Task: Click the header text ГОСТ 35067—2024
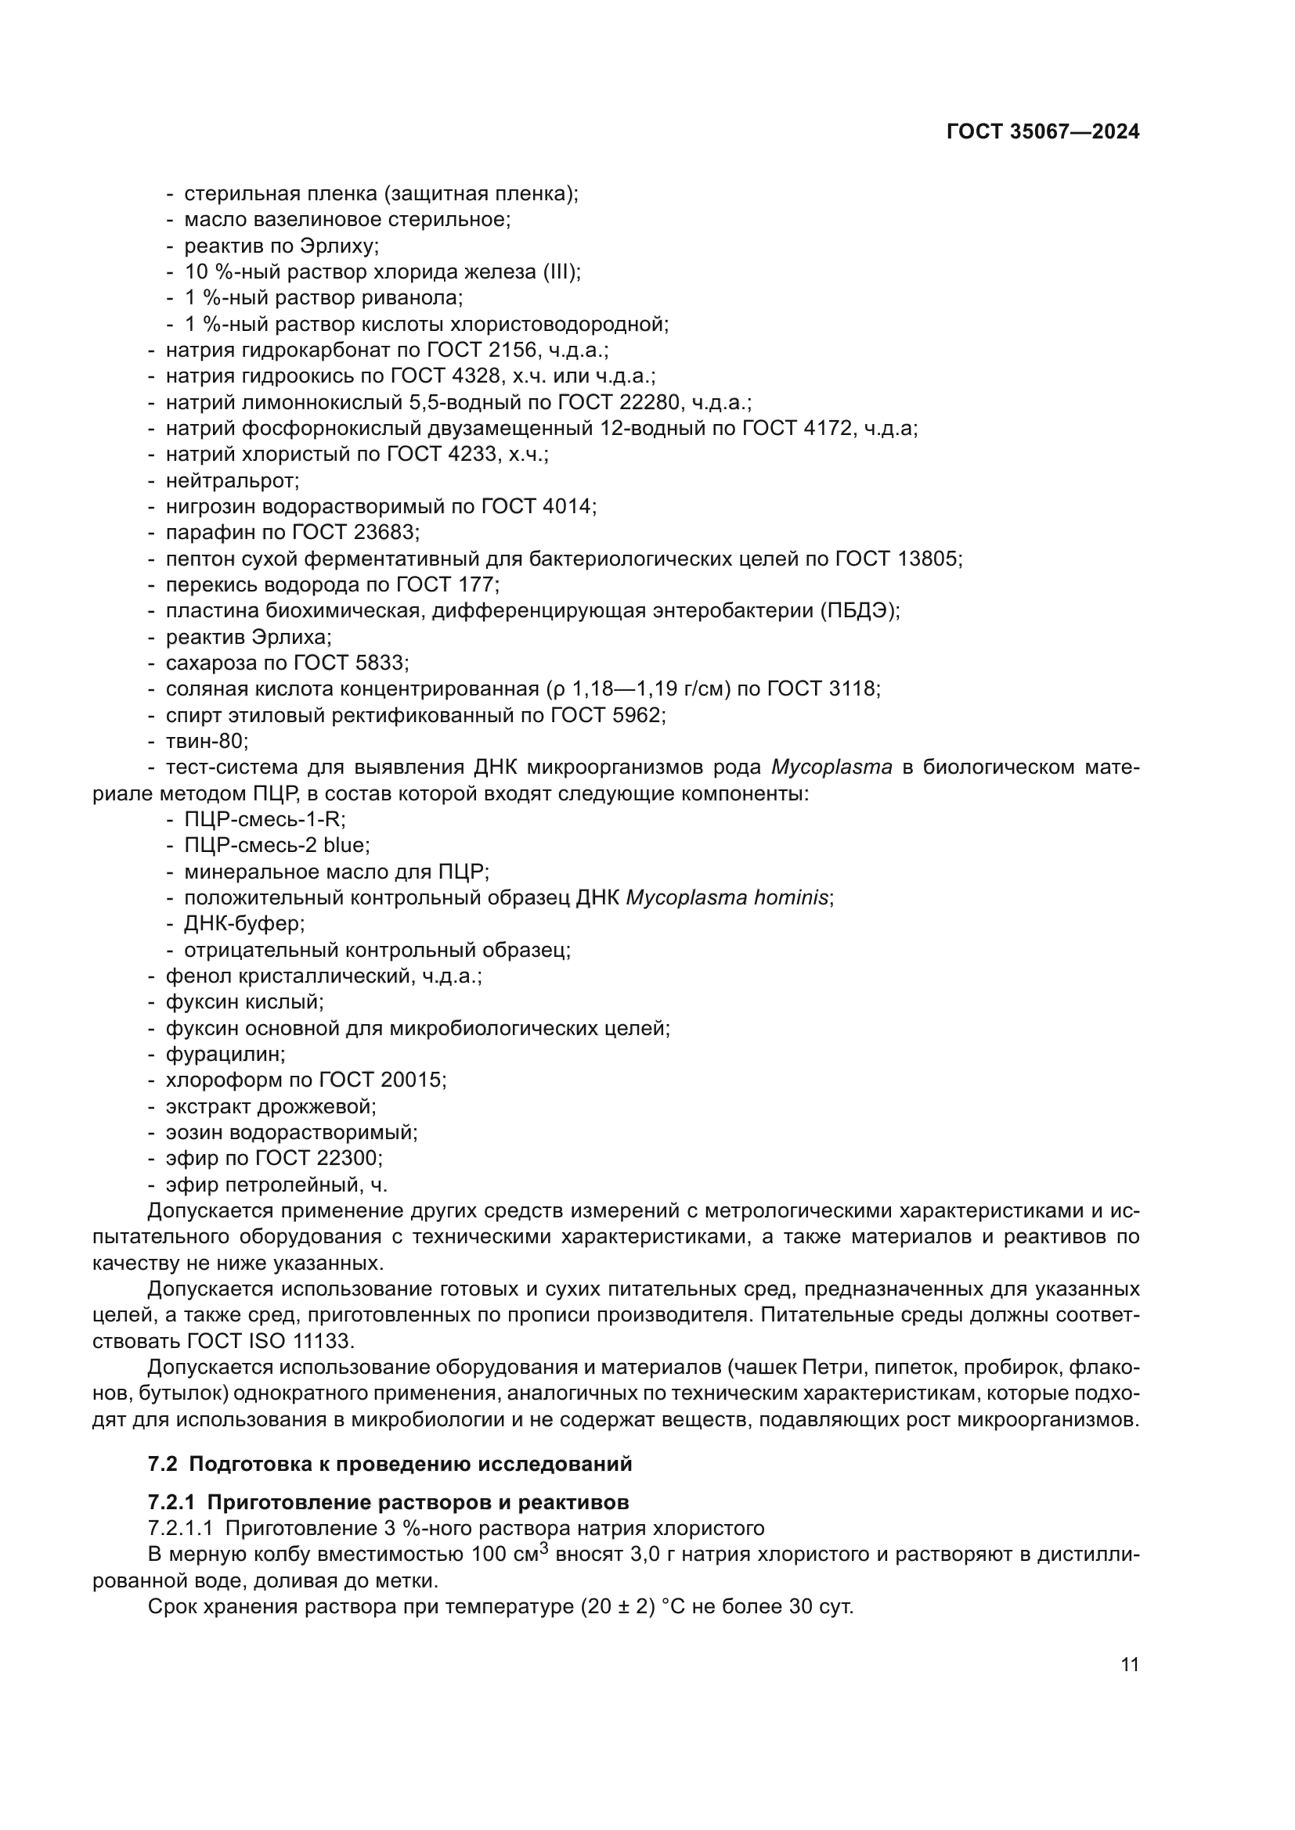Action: pyautogui.click(x=1042, y=132)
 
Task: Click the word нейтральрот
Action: pyautogui.click(x=231, y=480)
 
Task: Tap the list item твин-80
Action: pyautogui.click(x=206, y=741)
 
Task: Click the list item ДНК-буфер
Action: pyautogui.click(x=243, y=924)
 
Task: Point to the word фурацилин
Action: pyautogui.click(x=224, y=1055)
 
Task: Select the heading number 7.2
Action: pyautogui.click(x=164, y=1464)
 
